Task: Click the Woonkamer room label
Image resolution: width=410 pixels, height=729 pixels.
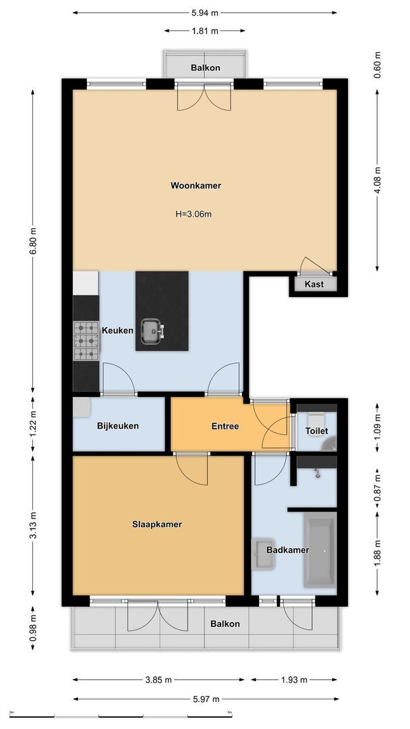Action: pos(196,186)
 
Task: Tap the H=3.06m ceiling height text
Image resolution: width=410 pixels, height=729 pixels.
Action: pos(194,215)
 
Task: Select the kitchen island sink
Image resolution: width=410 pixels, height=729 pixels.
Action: pos(151,331)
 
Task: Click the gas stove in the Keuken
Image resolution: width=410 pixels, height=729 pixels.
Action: pos(86,341)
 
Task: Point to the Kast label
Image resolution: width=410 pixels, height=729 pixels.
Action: pos(314,284)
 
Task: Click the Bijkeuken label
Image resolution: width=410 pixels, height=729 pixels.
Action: pos(118,425)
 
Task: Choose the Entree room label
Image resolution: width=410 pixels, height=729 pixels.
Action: pos(225,426)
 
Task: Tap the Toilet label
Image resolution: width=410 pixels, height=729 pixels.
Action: pos(317,431)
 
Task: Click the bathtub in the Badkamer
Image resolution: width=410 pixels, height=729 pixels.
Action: pos(320,552)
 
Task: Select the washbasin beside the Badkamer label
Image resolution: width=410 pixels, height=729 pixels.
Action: pos(263,553)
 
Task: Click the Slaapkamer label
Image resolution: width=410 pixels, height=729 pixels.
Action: pos(157,524)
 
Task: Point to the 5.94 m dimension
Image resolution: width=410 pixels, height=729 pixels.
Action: pos(205,13)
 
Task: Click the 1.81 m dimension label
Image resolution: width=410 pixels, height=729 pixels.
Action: pos(205,31)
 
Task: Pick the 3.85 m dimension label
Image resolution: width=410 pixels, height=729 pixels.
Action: pos(158,679)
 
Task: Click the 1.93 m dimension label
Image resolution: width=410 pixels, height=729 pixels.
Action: pos(294,679)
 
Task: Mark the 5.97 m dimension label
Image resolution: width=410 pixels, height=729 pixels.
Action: pos(206,699)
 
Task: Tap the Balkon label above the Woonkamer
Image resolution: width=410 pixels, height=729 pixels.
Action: pos(205,68)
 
